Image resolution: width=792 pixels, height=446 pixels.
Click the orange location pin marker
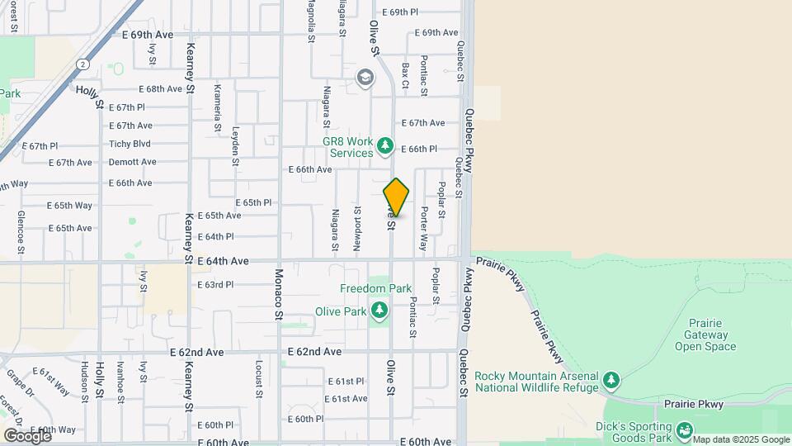(396, 197)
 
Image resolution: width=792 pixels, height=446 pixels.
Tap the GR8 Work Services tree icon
(384, 147)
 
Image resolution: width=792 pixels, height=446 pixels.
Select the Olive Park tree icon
(379, 311)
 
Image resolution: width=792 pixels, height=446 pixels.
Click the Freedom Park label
(375, 288)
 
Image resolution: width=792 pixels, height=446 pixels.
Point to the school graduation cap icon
(365, 78)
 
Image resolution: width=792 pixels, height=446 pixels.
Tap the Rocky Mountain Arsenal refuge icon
(610, 380)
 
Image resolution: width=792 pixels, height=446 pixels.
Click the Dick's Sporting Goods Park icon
(684, 430)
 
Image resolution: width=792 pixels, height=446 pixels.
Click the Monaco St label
(279, 293)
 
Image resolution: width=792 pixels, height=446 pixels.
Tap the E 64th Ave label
(223, 261)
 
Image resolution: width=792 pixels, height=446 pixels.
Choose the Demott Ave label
(132, 162)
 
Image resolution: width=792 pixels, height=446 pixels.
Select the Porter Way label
(423, 229)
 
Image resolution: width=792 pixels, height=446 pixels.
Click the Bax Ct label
(405, 73)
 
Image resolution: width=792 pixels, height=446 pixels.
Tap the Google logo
(27, 435)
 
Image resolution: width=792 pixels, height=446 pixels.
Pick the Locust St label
(259, 377)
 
